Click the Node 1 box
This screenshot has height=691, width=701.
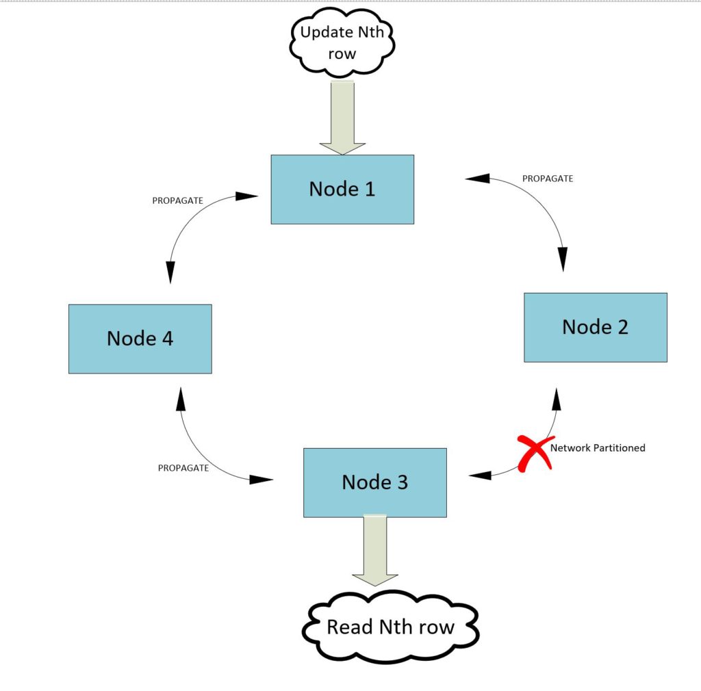click(x=342, y=190)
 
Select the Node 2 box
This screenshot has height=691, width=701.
click(x=595, y=327)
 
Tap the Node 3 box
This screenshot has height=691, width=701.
click(x=375, y=482)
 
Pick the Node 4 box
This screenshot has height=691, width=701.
click(x=140, y=339)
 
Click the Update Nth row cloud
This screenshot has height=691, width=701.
click(x=342, y=42)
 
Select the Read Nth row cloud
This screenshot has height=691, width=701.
click(x=391, y=627)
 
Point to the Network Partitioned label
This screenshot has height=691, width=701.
click(x=598, y=448)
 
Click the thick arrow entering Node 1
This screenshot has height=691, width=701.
click(x=342, y=117)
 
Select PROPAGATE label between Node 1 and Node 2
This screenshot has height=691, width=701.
click(x=548, y=179)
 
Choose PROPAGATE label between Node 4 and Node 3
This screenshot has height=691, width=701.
click(x=183, y=469)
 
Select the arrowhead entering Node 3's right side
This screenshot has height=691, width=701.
click(x=480, y=475)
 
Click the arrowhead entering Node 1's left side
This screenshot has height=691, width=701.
click(x=246, y=196)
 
